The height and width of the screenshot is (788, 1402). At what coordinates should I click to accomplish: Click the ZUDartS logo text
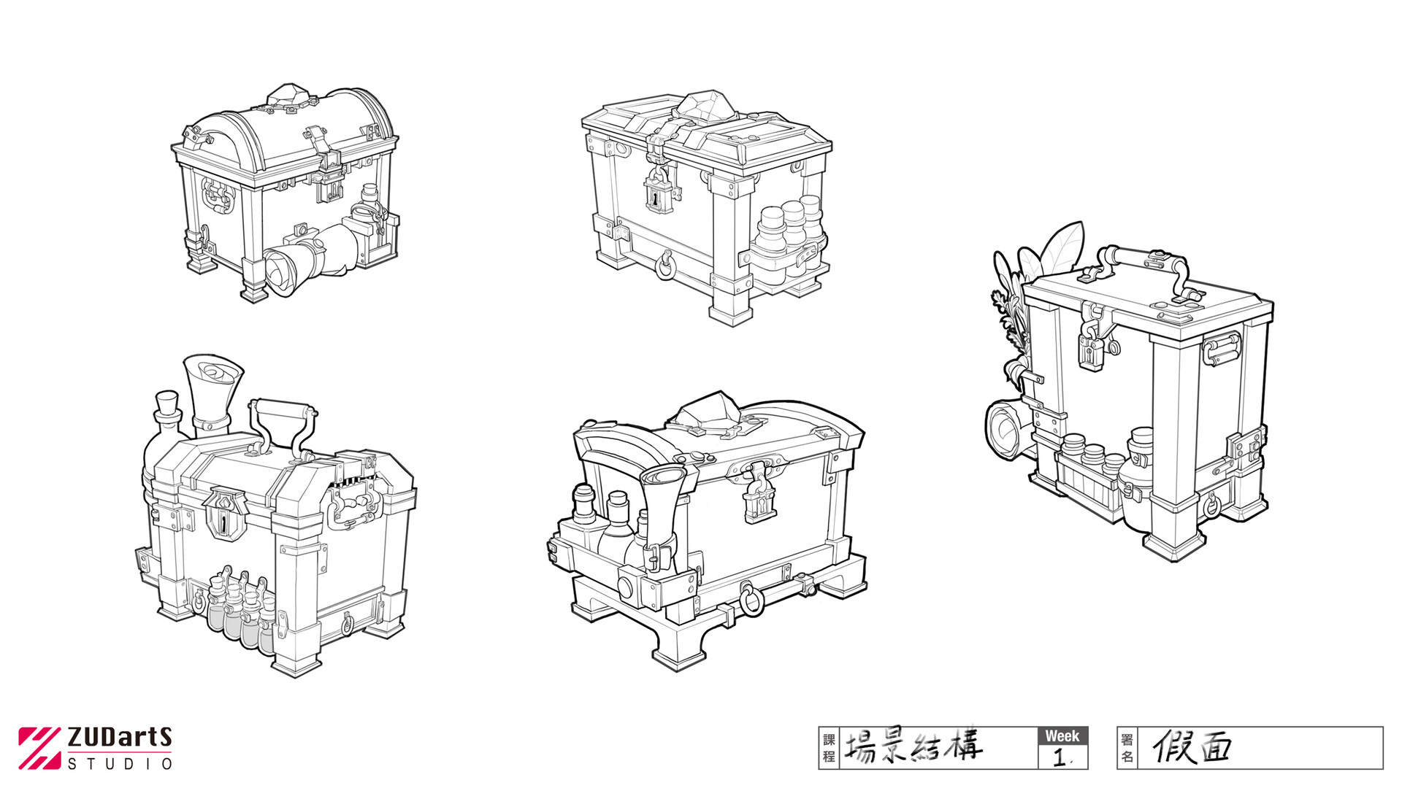[x=119, y=738]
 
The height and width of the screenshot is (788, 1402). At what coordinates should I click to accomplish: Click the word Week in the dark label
[x=1062, y=736]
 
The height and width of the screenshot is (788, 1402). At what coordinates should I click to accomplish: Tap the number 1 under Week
[x=1060, y=758]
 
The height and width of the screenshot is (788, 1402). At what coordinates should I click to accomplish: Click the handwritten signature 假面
[x=1192, y=747]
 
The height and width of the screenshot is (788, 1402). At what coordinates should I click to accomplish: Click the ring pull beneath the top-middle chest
[x=664, y=266]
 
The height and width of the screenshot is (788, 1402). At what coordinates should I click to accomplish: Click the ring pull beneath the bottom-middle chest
[x=751, y=600]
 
